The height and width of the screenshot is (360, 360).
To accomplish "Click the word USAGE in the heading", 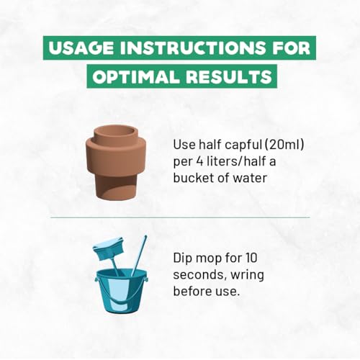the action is pyautogui.click(x=81, y=48).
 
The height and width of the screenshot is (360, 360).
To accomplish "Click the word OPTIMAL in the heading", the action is pyautogui.click(x=136, y=76).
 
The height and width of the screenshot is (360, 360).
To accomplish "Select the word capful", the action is pyautogui.click(x=243, y=145).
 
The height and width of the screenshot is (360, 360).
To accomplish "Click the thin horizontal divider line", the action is pyautogui.click(x=180, y=217).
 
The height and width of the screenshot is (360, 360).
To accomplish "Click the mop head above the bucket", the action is pyautogui.click(x=109, y=248).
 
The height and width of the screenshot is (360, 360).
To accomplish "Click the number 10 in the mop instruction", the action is pyautogui.click(x=251, y=258).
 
